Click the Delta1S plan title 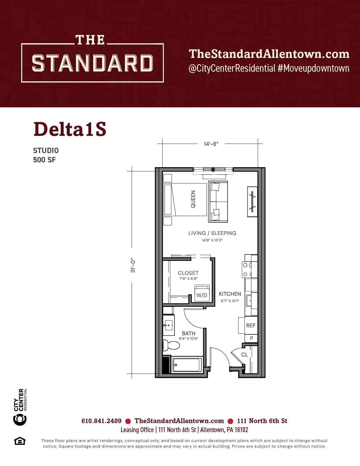coord(70,129)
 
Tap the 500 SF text coord(44,160)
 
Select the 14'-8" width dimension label coord(211,144)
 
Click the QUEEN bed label coord(193,199)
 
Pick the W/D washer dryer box coord(202,293)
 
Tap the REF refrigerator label coord(251,326)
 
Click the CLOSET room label coord(188,273)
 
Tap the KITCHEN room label coord(230,294)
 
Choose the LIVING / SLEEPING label coord(212,233)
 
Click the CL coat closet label coord(245,354)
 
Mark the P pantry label coord(252,338)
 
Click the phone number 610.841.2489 coord(101,421)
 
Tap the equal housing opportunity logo coord(20,441)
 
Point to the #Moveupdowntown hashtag coord(313,68)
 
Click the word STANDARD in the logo coord(92,63)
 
